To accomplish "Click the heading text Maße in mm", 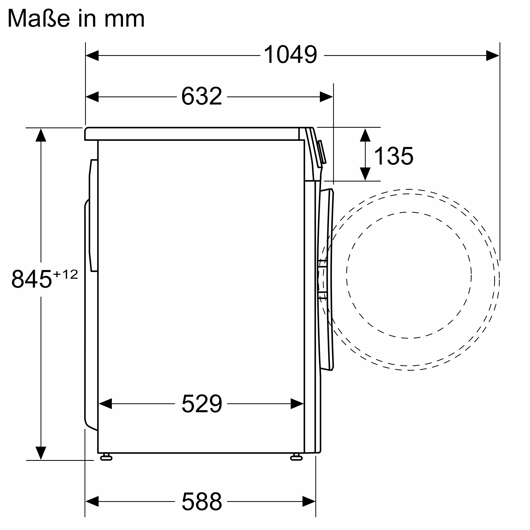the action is coord(76,18).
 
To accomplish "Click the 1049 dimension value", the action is coord(290,54).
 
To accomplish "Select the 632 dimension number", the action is coord(202,96).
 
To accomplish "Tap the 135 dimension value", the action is coord(394,156).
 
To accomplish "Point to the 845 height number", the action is coord(32,279).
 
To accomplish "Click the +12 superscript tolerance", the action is coord(65,274).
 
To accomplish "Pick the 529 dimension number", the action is coord(202,404).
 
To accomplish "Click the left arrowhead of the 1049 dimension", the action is coord(92,55).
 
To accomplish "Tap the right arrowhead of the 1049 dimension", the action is coord(493,55).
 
